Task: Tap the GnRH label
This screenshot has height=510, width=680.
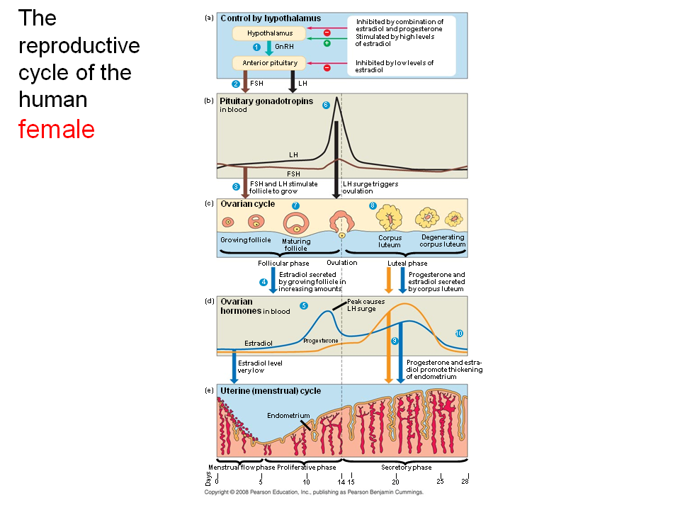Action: click(x=283, y=47)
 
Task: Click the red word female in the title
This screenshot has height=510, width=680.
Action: click(x=57, y=130)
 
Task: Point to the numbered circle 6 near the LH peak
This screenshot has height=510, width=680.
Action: click(x=326, y=105)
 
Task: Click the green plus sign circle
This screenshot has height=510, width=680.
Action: click(x=327, y=43)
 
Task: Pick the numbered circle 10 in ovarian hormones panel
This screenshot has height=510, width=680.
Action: click(x=459, y=333)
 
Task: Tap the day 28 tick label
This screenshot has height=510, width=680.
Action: click(x=465, y=482)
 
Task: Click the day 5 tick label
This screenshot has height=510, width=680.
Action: click(x=261, y=482)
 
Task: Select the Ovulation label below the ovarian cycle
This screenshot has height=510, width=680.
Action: click(x=342, y=262)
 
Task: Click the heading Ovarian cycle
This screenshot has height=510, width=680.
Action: click(x=248, y=204)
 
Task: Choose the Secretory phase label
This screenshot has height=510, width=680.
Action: click(x=406, y=467)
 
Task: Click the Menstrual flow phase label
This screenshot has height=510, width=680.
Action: click(x=241, y=467)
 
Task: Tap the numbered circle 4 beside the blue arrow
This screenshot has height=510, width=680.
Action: click(x=263, y=282)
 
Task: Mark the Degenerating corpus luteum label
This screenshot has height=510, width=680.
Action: click(x=443, y=241)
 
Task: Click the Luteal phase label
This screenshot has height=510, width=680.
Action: click(x=407, y=263)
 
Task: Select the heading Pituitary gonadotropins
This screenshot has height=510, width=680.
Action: click(x=266, y=101)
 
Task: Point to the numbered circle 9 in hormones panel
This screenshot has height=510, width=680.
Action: click(x=395, y=341)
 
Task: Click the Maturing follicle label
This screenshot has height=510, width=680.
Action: click(x=296, y=245)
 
